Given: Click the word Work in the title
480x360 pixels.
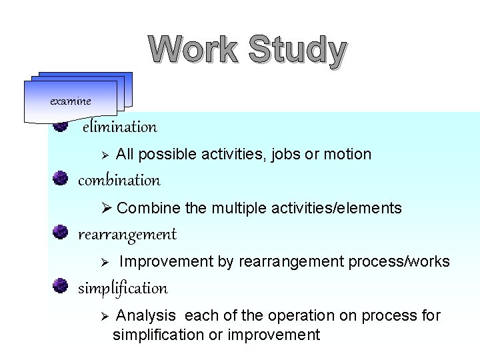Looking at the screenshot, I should (x=193, y=51).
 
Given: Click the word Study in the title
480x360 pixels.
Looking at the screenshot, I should (x=297, y=52).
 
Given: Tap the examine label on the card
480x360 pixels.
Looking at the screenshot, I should (x=71, y=101).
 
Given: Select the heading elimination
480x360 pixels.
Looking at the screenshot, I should (x=120, y=127).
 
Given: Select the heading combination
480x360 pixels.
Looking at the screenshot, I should (x=119, y=181).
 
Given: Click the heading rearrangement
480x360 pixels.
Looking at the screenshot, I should (x=127, y=235).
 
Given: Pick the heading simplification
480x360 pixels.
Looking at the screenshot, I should (x=123, y=289).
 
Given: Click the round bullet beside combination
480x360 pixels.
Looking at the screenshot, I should (x=61, y=178).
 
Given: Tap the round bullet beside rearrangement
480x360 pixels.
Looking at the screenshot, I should (x=61, y=232).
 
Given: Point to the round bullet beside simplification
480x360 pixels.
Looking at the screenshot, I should (x=61, y=286).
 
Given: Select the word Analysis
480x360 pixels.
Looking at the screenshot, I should (x=146, y=316).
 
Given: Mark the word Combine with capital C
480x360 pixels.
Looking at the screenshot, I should (x=139, y=209).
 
